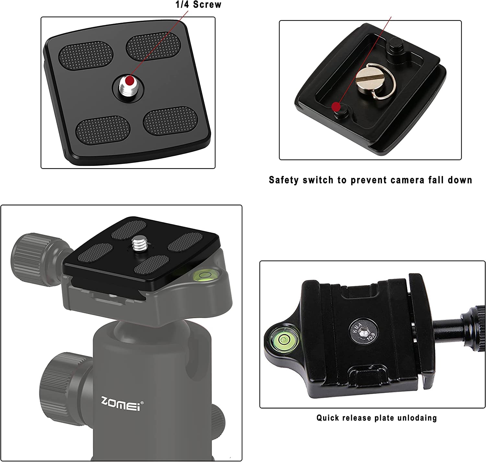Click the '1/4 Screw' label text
(198, 5)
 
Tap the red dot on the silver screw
(130, 80)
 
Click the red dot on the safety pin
(336, 106)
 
